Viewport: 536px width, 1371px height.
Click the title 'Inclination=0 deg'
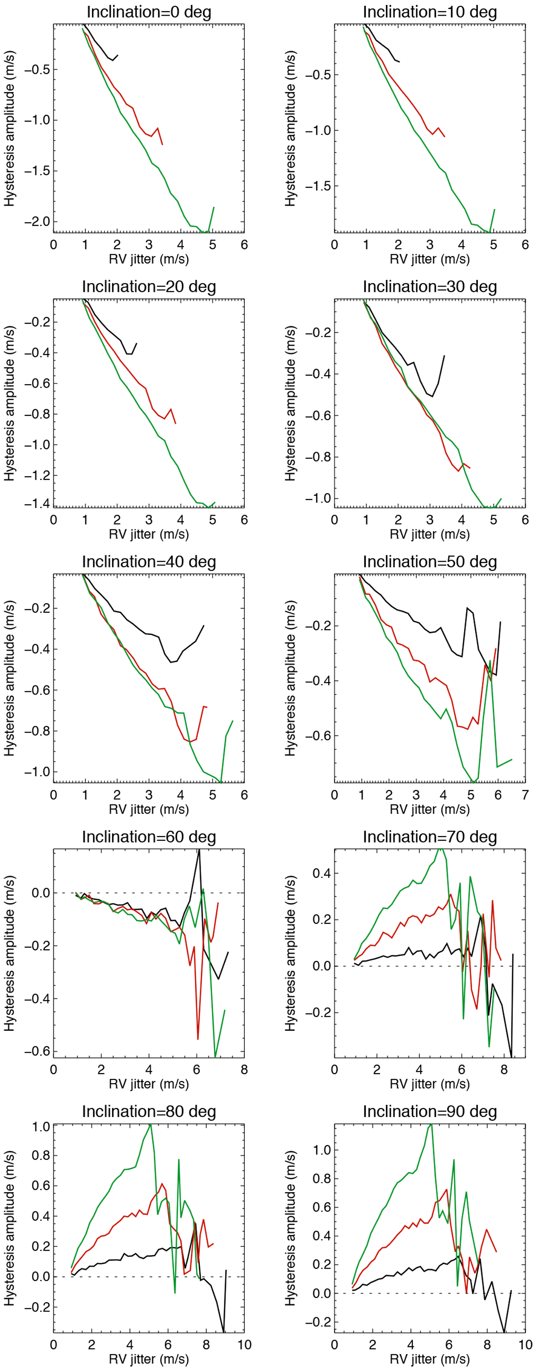[149, 12]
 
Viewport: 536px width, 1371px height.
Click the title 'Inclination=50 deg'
[430, 562]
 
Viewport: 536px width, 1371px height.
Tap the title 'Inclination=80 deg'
[149, 1111]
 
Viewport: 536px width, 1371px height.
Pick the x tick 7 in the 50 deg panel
[525, 795]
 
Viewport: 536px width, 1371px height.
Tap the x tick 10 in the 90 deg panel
[525, 1344]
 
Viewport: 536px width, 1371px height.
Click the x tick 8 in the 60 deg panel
[244, 1070]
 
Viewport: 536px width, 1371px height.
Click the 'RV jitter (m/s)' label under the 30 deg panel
[430, 534]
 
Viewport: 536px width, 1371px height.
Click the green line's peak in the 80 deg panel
[151, 1124]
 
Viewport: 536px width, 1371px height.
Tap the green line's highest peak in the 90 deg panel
[431, 1124]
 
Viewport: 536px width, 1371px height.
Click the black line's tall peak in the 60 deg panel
[199, 851]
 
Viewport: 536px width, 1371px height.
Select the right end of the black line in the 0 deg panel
[117, 55]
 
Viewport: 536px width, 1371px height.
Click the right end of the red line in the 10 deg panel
[444, 137]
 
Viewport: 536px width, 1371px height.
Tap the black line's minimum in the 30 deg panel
[433, 397]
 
